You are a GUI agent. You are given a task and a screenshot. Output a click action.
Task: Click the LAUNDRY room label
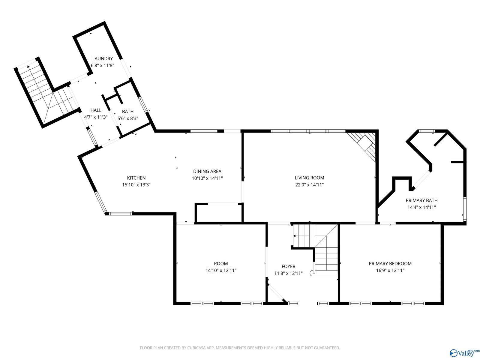102,58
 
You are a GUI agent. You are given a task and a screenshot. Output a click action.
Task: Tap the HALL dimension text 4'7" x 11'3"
96,117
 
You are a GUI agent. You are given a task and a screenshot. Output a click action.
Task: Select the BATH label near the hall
128,112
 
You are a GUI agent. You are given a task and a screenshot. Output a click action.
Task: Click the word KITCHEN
136,178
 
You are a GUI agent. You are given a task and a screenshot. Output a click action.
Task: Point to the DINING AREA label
207,171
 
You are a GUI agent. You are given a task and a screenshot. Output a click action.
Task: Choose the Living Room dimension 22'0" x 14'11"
309,185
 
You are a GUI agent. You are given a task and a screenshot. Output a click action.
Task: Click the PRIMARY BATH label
421,200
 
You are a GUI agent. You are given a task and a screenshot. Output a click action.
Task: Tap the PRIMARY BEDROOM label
390,263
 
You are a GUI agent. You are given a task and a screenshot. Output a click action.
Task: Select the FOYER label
288,266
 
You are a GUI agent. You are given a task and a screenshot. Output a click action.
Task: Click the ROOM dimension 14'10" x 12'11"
221,270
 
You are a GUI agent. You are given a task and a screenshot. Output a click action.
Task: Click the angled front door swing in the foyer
276,293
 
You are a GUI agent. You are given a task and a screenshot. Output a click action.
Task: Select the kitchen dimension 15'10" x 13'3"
136,185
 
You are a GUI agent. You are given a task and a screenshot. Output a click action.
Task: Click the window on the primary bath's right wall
465,208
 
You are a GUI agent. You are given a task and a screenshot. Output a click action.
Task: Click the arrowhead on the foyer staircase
294,236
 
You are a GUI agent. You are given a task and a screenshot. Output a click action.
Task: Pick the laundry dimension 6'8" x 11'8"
102,65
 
